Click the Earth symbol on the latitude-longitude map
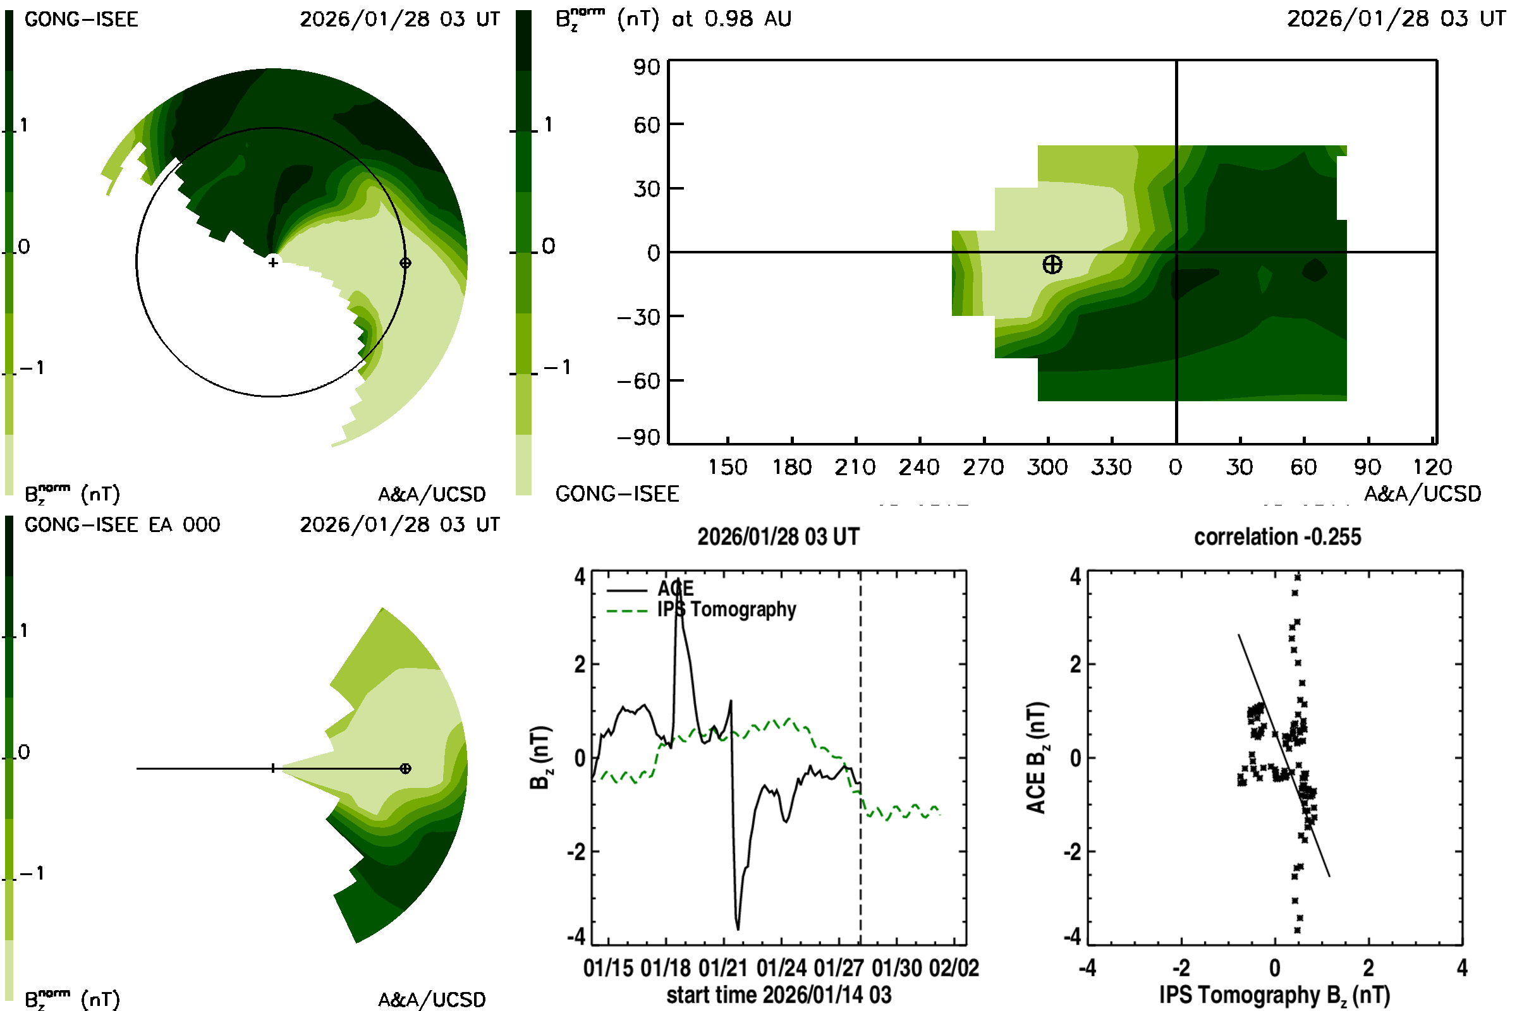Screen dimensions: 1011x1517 (1052, 264)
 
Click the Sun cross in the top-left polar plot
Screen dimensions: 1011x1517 (273, 262)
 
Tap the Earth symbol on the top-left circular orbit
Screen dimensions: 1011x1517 (405, 263)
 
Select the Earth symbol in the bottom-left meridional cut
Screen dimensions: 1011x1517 (405, 768)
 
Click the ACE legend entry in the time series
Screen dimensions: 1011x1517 (675, 589)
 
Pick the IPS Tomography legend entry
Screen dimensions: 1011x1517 (726, 609)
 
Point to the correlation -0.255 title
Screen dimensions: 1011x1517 (1277, 537)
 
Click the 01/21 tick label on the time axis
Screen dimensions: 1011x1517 (722, 969)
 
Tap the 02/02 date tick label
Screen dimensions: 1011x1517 (953, 969)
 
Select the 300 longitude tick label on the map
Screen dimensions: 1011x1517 (1047, 468)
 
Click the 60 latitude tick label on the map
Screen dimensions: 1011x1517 (647, 124)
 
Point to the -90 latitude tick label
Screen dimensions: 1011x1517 (638, 438)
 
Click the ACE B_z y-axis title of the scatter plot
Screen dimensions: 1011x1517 (1035, 758)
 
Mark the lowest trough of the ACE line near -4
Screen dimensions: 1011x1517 (738, 928)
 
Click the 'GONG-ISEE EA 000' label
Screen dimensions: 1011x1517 (122, 525)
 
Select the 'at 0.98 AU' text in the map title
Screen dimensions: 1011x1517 (731, 19)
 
